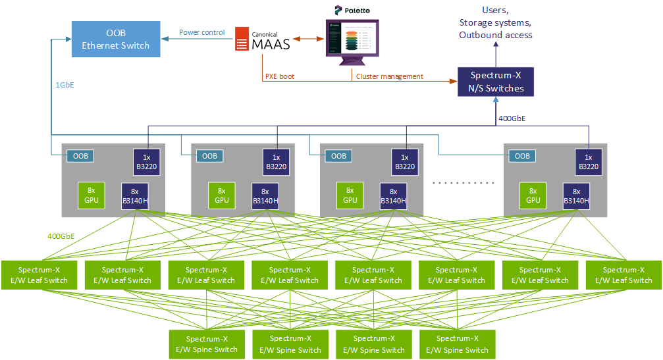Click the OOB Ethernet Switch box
(x=115, y=39)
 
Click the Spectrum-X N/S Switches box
(x=496, y=82)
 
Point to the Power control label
(x=202, y=32)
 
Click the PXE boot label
(x=280, y=76)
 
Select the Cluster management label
(x=390, y=76)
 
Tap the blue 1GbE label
(x=65, y=84)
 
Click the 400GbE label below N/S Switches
(x=512, y=118)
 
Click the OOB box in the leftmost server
(x=80, y=156)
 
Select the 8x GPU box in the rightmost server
(x=533, y=195)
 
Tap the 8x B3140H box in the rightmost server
(x=576, y=195)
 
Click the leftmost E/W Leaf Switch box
(x=39, y=275)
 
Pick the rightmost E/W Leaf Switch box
(x=623, y=275)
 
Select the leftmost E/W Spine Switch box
(x=206, y=344)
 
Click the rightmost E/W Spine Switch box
(x=457, y=344)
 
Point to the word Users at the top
(x=496, y=11)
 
